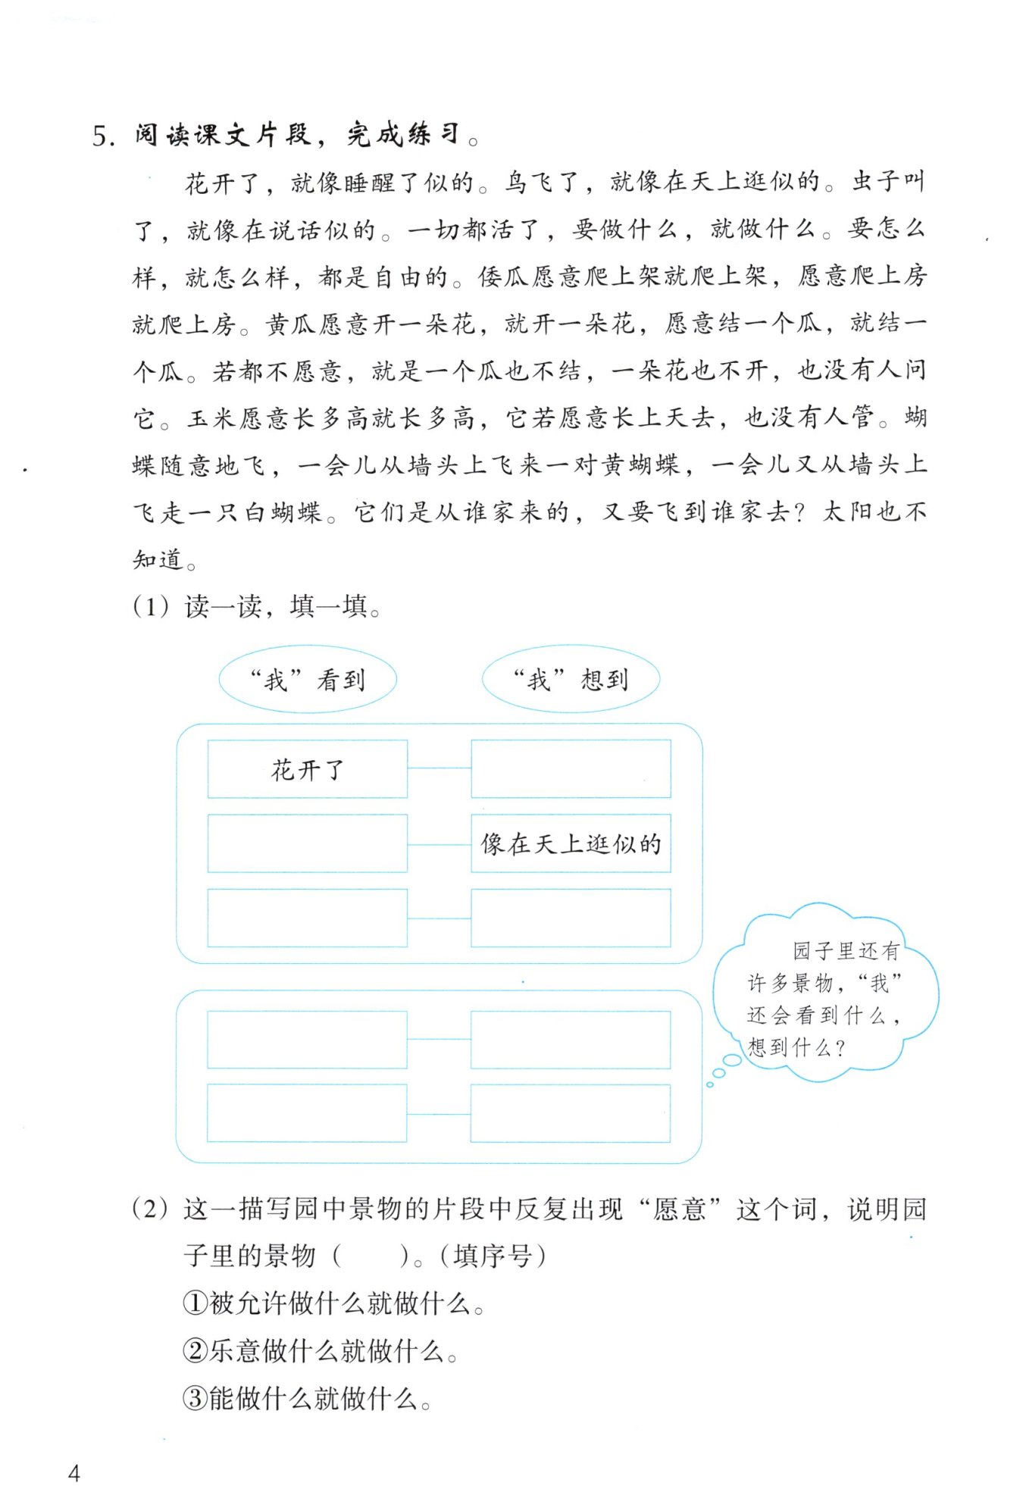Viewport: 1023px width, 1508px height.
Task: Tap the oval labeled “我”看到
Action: pyautogui.click(x=308, y=680)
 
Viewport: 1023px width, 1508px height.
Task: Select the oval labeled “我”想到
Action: pyautogui.click(x=571, y=680)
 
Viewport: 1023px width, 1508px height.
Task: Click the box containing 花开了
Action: pyautogui.click(x=308, y=769)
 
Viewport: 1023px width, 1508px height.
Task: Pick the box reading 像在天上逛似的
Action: pyautogui.click(x=571, y=843)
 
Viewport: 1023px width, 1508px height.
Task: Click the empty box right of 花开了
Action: pyautogui.click(x=571, y=769)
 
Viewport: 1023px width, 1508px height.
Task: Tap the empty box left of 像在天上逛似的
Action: pyautogui.click(x=308, y=843)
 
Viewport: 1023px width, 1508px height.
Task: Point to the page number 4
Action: pyautogui.click(x=74, y=1472)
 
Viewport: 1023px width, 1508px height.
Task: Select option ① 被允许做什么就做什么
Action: pyautogui.click(x=333, y=1303)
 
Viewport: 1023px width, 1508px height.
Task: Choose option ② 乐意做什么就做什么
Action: pyautogui.click(x=320, y=1350)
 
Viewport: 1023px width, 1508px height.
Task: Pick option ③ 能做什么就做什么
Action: pyautogui.click(x=307, y=1398)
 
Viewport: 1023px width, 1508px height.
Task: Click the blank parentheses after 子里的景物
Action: pyautogui.click(x=371, y=1256)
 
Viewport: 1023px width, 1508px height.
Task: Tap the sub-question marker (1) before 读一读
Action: pyautogui.click(x=151, y=606)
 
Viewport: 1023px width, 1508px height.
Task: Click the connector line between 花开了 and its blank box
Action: pyautogui.click(x=439, y=768)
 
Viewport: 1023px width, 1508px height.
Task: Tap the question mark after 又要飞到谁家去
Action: pyautogui.click(x=796, y=512)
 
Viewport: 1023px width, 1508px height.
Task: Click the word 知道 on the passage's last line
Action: pyautogui.click(x=158, y=559)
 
